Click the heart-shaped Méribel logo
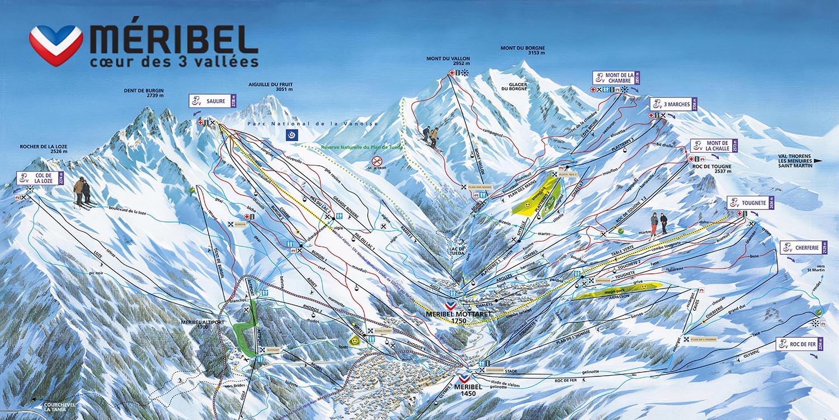pyautogui.click(x=56, y=45)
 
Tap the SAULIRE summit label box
pyautogui.click(x=213, y=101)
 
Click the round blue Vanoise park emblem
pyautogui.click(x=291, y=134)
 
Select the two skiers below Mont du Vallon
pyautogui.click(x=431, y=137)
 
